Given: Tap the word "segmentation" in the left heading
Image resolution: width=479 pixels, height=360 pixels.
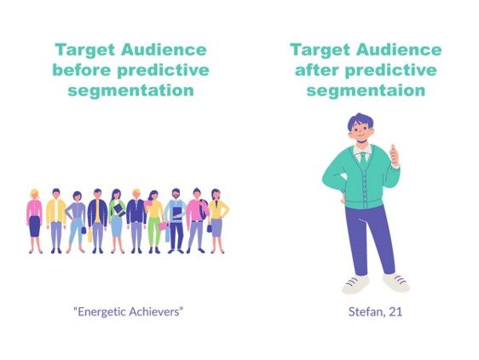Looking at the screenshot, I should click(130, 90).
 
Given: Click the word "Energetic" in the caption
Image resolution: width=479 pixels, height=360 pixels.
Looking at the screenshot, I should click(101, 311).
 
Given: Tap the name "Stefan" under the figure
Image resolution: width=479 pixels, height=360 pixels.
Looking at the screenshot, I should click(364, 311).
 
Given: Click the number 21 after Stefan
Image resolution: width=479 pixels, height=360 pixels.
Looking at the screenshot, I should click(395, 311).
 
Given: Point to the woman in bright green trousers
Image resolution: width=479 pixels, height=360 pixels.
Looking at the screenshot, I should click(155, 222).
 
